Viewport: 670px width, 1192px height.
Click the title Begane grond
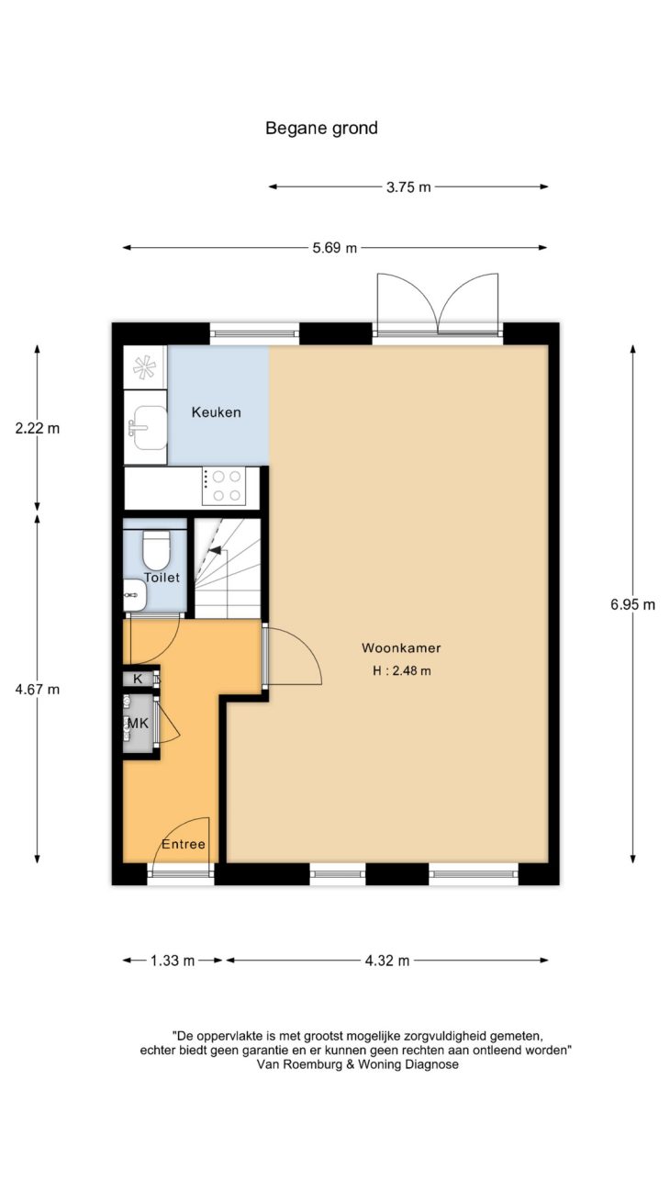tap(321, 129)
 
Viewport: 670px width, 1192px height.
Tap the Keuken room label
tap(216, 412)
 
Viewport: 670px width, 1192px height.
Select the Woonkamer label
tap(401, 647)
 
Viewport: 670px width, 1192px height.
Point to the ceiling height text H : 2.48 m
tap(401, 670)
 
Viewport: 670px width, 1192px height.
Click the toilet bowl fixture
tap(156, 549)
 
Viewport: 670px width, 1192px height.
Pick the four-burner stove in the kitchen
tap(224, 487)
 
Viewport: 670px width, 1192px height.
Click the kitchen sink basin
tap(150, 427)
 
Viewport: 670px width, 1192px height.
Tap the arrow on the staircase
tap(215, 550)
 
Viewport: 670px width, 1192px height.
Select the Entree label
tap(184, 844)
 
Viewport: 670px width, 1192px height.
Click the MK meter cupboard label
tap(138, 723)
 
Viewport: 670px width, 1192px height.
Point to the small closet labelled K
tap(139, 679)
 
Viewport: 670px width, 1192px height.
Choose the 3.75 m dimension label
tap(408, 186)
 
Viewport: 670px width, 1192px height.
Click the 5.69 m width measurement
tap(334, 247)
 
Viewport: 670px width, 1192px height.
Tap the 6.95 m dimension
tap(632, 604)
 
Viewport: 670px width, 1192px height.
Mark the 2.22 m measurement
tap(38, 428)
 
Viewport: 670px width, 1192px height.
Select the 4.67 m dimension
tap(38, 689)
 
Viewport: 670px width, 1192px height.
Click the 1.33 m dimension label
tap(173, 961)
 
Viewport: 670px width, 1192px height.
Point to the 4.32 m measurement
tap(387, 961)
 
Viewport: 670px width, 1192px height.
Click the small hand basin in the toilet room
tap(134, 595)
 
